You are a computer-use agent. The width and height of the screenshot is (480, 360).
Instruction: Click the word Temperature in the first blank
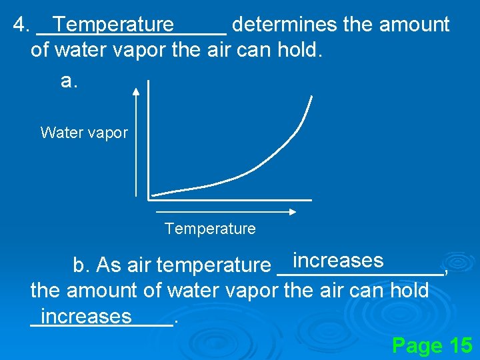coord(113,25)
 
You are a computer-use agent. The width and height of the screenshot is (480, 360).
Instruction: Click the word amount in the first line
coord(414,25)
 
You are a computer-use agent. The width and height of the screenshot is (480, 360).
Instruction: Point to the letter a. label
coord(69,81)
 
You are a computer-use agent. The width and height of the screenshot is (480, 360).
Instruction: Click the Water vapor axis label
coord(84,133)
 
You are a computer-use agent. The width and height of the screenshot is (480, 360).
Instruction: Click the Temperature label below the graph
coord(210,229)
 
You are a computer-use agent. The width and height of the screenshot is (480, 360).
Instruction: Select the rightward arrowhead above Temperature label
coord(292,213)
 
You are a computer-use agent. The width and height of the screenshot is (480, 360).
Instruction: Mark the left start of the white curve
coord(153,194)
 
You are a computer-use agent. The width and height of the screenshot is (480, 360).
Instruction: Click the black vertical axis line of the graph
coord(148,140)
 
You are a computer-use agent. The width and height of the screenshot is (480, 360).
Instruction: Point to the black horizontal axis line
coord(230,199)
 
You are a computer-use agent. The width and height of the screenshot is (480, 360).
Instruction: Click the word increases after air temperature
coord(338,261)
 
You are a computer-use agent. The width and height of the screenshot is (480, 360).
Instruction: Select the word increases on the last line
coord(86,315)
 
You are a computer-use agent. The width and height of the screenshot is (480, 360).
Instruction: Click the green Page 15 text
coord(432,345)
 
